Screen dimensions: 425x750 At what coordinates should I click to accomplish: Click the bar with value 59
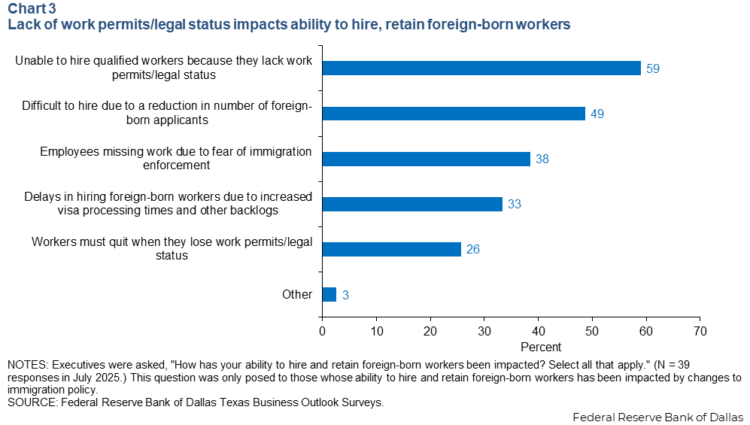pyautogui.click(x=481, y=68)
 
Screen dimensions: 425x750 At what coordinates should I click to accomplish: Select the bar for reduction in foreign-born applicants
pyautogui.click(x=454, y=114)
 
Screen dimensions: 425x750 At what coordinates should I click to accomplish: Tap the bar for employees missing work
pyautogui.click(x=426, y=159)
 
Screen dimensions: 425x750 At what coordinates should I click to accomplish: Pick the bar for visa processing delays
pyautogui.click(x=412, y=204)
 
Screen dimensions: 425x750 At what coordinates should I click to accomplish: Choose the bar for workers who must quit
pyautogui.click(x=391, y=249)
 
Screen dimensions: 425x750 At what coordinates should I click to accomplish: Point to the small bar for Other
pyautogui.click(x=329, y=294)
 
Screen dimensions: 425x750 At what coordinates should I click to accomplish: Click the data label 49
pyautogui.click(x=597, y=114)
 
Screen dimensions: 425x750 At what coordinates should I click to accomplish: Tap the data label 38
pyautogui.click(x=542, y=159)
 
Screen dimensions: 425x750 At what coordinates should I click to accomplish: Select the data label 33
pyautogui.click(x=515, y=205)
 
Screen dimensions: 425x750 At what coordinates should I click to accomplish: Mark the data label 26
pyautogui.click(x=473, y=250)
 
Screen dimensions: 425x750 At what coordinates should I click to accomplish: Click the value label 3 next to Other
pyautogui.click(x=345, y=295)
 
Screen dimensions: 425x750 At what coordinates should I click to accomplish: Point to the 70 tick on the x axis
pyautogui.click(x=700, y=330)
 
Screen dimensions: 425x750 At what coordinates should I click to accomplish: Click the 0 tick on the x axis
pyautogui.click(x=323, y=330)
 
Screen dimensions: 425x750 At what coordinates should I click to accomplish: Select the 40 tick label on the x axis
pyautogui.click(x=538, y=330)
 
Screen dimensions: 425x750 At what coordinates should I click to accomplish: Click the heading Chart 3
pyautogui.click(x=32, y=10)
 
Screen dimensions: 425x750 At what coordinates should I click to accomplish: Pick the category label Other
pyautogui.click(x=296, y=294)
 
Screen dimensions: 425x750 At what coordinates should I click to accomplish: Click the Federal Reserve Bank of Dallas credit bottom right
pyautogui.click(x=657, y=417)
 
